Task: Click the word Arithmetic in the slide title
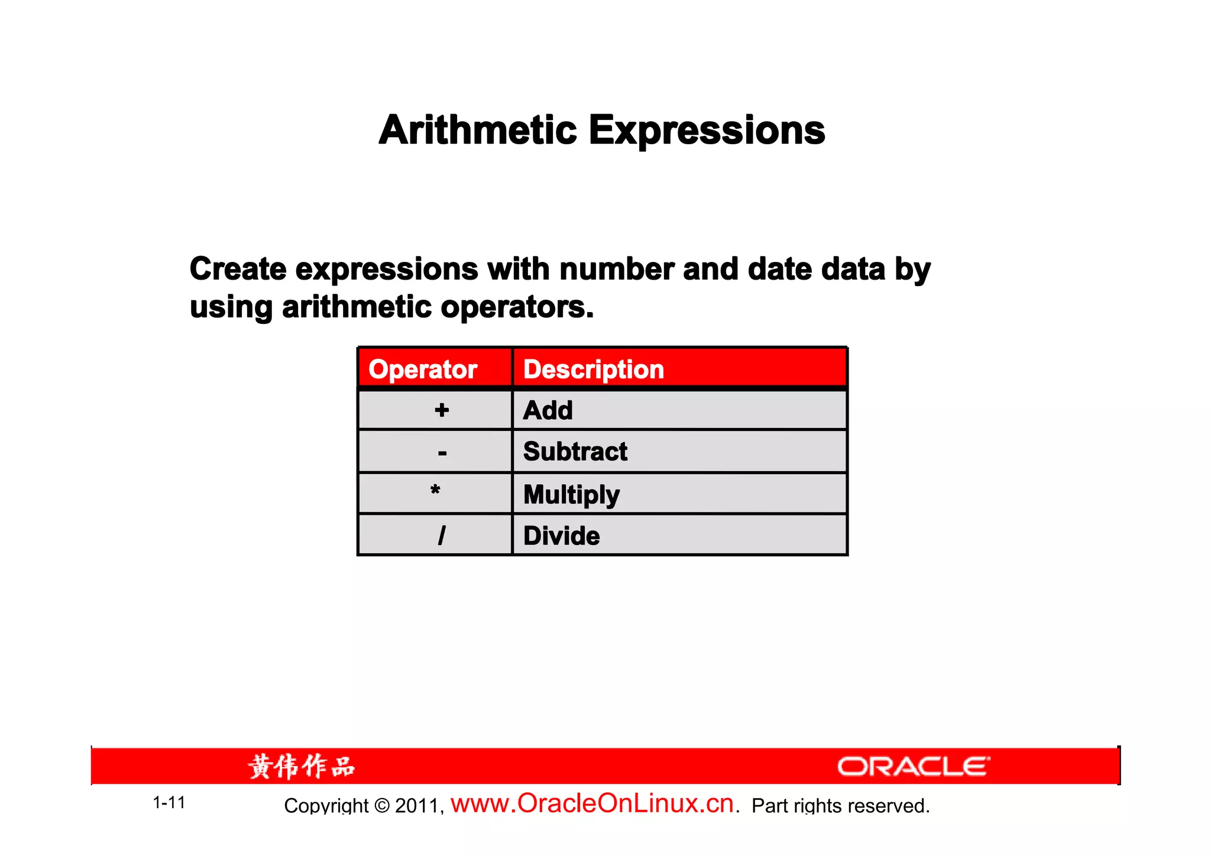pos(478,130)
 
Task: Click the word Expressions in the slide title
pos(707,131)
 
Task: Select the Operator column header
pos(423,369)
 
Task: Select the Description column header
pos(594,369)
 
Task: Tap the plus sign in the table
pos(442,410)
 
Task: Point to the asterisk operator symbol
pos(435,491)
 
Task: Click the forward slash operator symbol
pos(442,536)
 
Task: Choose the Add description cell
pos(548,410)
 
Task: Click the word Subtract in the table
pos(575,452)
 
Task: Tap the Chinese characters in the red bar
pos(302,767)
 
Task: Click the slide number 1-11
pos(169,803)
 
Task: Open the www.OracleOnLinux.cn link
pos(592,804)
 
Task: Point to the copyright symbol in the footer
pos(383,806)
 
